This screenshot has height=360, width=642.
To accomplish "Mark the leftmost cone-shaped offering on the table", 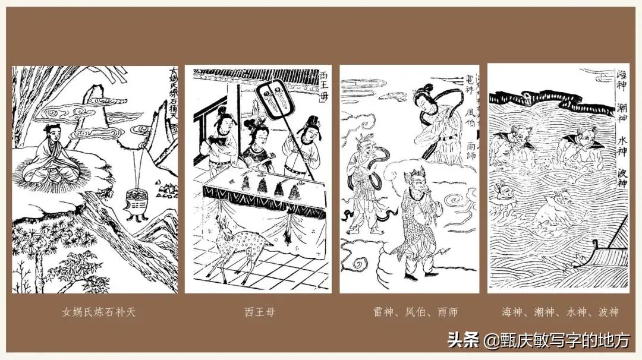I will coord(246,184).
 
